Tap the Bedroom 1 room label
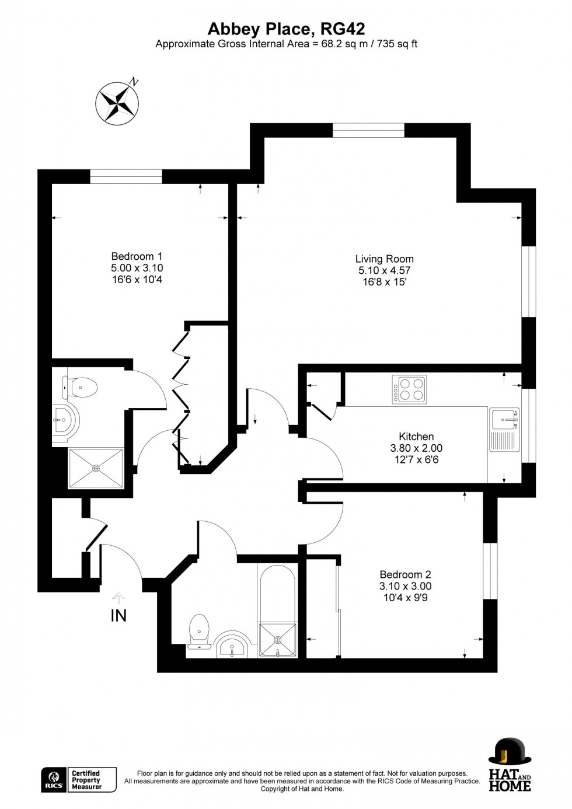[137, 256]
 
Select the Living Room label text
[384, 259]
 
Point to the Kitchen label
[416, 436]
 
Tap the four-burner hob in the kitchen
[409, 389]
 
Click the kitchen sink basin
[504, 420]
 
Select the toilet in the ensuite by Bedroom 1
[79, 387]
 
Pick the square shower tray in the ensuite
[96, 468]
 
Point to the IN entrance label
[118, 616]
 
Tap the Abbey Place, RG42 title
[287, 30]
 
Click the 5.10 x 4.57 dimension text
[384, 270]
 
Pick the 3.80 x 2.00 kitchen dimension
[416, 448]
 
